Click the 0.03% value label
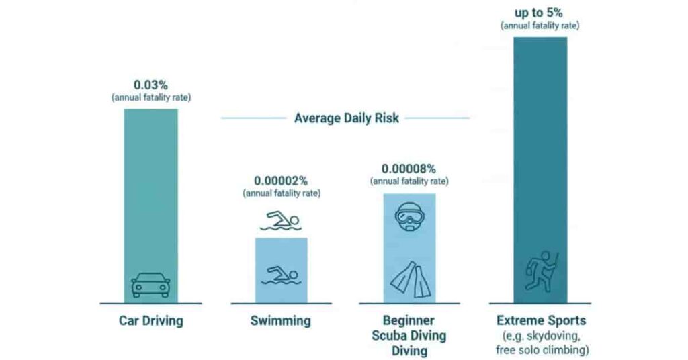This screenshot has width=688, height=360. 150,85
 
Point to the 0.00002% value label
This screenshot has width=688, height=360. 281,181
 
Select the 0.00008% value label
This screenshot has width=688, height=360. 409,169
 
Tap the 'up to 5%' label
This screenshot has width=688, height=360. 540,12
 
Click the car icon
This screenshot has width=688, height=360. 150,284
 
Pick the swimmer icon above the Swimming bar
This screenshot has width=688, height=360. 281,221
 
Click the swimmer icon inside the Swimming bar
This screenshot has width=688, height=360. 281,275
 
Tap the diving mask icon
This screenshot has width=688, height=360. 409,217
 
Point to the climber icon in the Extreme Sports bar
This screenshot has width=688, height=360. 541,270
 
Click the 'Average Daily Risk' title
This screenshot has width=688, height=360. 346,118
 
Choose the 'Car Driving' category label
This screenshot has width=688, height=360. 150,321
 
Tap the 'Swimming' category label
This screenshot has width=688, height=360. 281,321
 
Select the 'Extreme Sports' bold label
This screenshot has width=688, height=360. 541,320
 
